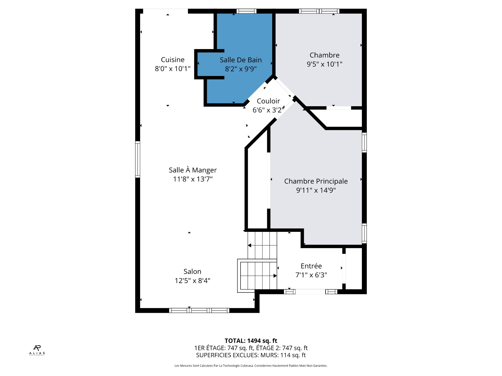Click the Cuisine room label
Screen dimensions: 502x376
pyautogui.click(x=173, y=60)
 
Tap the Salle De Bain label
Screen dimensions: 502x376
pyautogui.click(x=241, y=60)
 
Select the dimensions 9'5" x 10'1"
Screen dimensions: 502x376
pyautogui.click(x=324, y=64)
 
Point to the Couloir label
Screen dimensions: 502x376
pyautogui.click(x=268, y=101)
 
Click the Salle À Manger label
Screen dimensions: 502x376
pyautogui.click(x=193, y=170)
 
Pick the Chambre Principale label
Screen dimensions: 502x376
pyautogui.click(x=316, y=181)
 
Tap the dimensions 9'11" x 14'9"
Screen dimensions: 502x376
pyautogui.click(x=316, y=190)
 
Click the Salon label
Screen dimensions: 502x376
pyautogui.click(x=192, y=272)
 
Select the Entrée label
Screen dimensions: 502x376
pyautogui.click(x=311, y=266)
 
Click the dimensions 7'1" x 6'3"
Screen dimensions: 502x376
pyautogui.click(x=311, y=275)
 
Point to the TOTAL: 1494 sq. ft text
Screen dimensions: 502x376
pyautogui.click(x=251, y=341)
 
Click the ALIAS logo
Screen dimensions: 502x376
pyautogui.click(x=37, y=350)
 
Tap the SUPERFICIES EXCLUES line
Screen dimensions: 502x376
pyautogui.click(x=251, y=355)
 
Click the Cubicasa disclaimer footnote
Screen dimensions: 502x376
pyautogui.click(x=251, y=366)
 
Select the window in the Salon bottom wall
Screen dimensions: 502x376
pyautogui.click(x=199, y=310)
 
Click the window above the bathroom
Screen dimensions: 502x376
pyautogui.click(x=247, y=11)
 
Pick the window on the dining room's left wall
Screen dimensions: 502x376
pyautogui.click(x=138, y=159)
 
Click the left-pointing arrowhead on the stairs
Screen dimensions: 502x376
pyautogui.click(x=249, y=245)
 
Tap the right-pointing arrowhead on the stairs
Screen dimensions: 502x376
pyautogui.click(x=275, y=276)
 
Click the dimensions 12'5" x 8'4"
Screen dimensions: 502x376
pyautogui.click(x=192, y=281)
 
